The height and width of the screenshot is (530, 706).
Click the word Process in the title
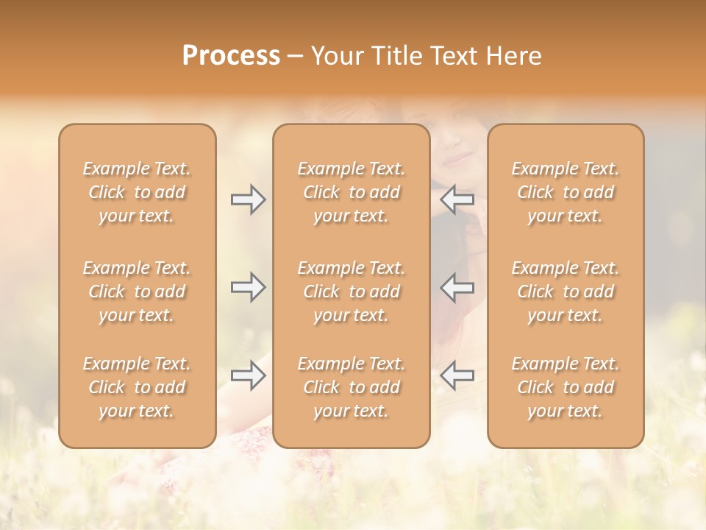(231, 56)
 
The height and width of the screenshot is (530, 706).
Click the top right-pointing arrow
(248, 199)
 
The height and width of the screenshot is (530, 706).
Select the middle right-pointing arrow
(248, 287)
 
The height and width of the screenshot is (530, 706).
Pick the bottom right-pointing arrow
(248, 375)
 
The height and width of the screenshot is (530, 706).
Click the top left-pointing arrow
(457, 199)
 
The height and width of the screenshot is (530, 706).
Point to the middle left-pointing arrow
(457, 287)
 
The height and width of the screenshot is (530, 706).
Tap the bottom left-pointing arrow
(457, 375)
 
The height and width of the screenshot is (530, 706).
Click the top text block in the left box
(137, 192)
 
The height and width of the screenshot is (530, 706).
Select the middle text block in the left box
(137, 291)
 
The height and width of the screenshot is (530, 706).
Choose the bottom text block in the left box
(137, 387)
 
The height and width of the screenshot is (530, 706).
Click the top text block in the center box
(352, 192)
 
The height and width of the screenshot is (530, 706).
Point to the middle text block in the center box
(352, 291)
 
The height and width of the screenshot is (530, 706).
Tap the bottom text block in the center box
(352, 387)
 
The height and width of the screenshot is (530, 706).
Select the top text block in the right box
(566, 192)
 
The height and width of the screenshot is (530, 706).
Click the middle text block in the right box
(566, 291)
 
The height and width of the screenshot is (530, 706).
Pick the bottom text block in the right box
(566, 387)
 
